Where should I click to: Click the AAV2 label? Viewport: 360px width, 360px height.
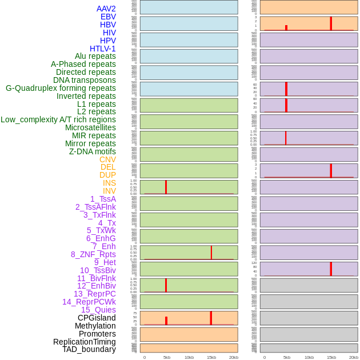(x=106, y=9)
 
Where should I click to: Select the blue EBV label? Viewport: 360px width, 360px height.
(x=108, y=17)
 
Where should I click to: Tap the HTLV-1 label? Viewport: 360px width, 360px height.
(x=102, y=49)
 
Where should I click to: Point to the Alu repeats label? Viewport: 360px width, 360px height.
(x=95, y=56)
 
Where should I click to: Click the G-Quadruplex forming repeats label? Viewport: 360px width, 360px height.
(x=61, y=88)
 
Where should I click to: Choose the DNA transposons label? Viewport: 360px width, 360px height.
(x=85, y=80)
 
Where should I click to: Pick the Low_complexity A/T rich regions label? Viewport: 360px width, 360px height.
(x=58, y=119)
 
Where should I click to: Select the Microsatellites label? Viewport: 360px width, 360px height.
(x=90, y=127)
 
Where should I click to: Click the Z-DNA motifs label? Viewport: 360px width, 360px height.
(x=92, y=151)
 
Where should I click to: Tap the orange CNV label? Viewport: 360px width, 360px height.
(x=107, y=159)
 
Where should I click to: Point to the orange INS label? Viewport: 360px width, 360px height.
(x=109, y=183)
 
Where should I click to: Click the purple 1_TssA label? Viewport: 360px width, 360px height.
(x=103, y=199)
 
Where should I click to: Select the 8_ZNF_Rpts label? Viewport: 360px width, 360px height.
(x=93, y=254)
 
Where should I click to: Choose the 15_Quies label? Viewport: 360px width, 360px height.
(x=98, y=310)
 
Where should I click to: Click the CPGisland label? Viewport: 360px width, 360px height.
(x=97, y=318)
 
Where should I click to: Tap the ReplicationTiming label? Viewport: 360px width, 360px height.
(x=85, y=342)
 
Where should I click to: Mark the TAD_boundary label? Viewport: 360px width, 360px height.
(x=89, y=349)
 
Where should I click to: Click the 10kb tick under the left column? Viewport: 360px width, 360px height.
(x=189, y=357)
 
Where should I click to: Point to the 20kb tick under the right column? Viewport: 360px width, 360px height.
(x=354, y=357)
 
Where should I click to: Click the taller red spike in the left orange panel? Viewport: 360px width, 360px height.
(x=211, y=318)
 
